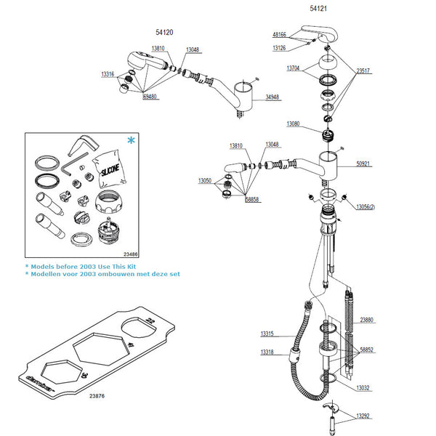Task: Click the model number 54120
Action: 163,33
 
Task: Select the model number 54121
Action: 318,9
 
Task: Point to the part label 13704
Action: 293,67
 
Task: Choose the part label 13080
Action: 293,124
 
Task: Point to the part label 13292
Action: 363,416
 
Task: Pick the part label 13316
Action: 108,74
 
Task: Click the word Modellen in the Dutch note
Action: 47,274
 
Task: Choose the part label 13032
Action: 363,388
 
